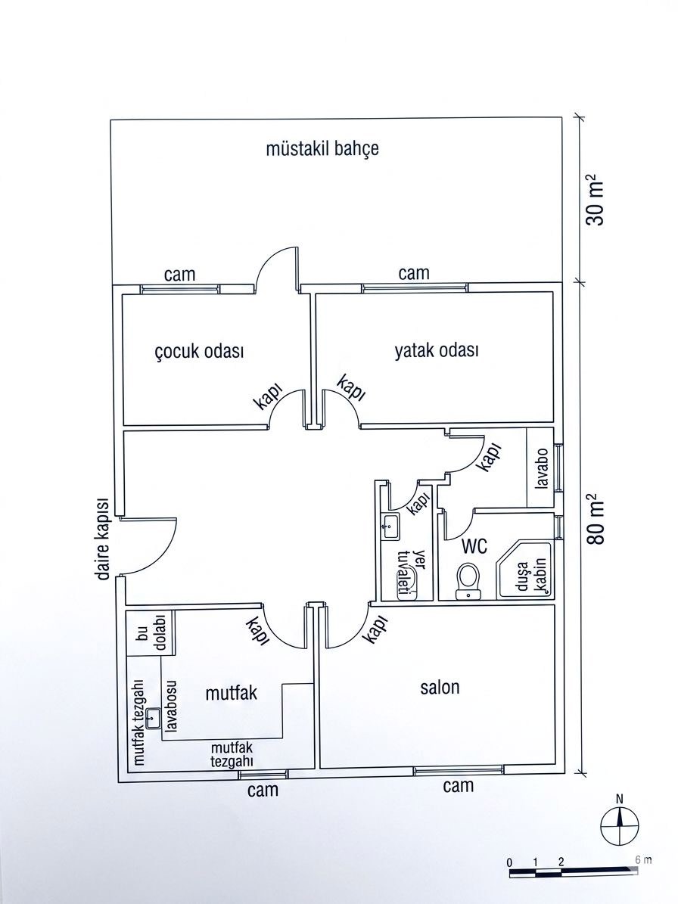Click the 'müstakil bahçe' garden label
tap(322, 149)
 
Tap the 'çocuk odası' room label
tap(200, 351)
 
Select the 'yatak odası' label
tap(437, 350)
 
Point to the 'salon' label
tap(440, 687)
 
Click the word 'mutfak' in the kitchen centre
tap(232, 692)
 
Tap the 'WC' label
tap(474, 545)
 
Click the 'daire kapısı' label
tap(104, 538)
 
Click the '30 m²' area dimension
tap(595, 200)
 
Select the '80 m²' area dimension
tap(595, 519)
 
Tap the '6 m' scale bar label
tap(644, 859)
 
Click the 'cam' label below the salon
tap(459, 784)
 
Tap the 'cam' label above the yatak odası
tap(414, 272)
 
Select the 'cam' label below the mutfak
tap(263, 789)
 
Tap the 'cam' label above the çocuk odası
tap(180, 275)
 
